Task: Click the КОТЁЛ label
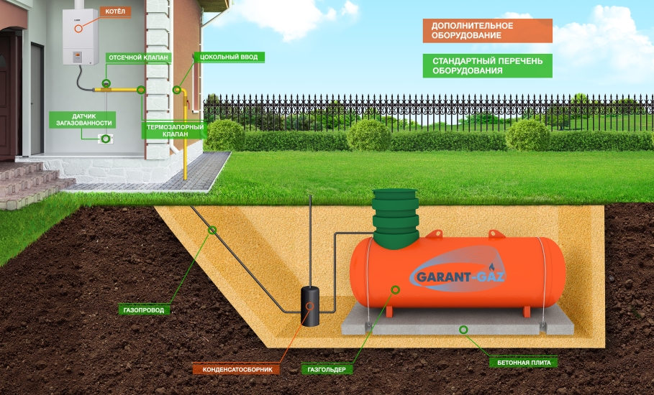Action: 115,12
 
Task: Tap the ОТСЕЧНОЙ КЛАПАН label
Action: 137,56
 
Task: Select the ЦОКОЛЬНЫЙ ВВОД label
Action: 225,56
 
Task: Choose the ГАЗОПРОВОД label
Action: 143,311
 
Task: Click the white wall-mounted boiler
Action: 80,36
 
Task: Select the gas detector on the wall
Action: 106,138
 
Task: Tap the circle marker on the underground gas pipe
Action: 212,230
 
